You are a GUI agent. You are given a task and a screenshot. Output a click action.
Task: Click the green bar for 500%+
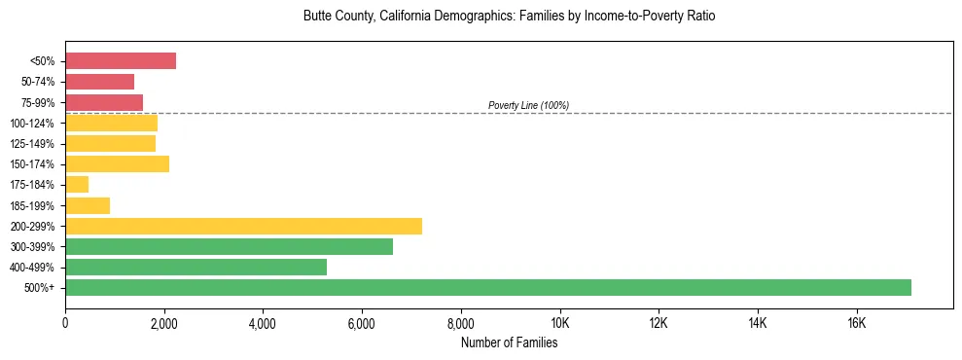point(488,287)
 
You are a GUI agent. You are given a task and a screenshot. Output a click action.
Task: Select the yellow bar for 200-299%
point(243,226)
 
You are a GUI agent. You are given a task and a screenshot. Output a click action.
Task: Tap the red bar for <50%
point(121,60)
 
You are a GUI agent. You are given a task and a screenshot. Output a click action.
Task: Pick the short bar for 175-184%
point(77,184)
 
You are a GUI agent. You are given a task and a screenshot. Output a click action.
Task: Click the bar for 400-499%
point(196,267)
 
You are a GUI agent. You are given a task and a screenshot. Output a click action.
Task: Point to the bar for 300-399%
point(229,246)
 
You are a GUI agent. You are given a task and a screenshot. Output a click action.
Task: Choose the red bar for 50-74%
point(99,82)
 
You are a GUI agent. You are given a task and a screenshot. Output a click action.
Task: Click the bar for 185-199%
point(88,205)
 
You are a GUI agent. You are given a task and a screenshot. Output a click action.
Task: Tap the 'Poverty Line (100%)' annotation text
point(528,105)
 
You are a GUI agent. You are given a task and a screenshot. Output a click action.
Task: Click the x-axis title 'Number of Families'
point(509,342)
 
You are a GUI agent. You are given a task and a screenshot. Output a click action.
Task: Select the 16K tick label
point(856,323)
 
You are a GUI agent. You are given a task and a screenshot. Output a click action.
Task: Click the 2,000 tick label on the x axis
point(164,323)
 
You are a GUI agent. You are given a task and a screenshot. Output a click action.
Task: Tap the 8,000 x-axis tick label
point(461,323)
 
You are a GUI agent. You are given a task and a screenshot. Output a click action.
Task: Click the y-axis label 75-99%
point(37,102)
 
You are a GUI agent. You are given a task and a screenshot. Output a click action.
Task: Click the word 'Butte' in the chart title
point(318,17)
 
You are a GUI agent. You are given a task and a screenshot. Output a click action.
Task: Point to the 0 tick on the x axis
point(65,323)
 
